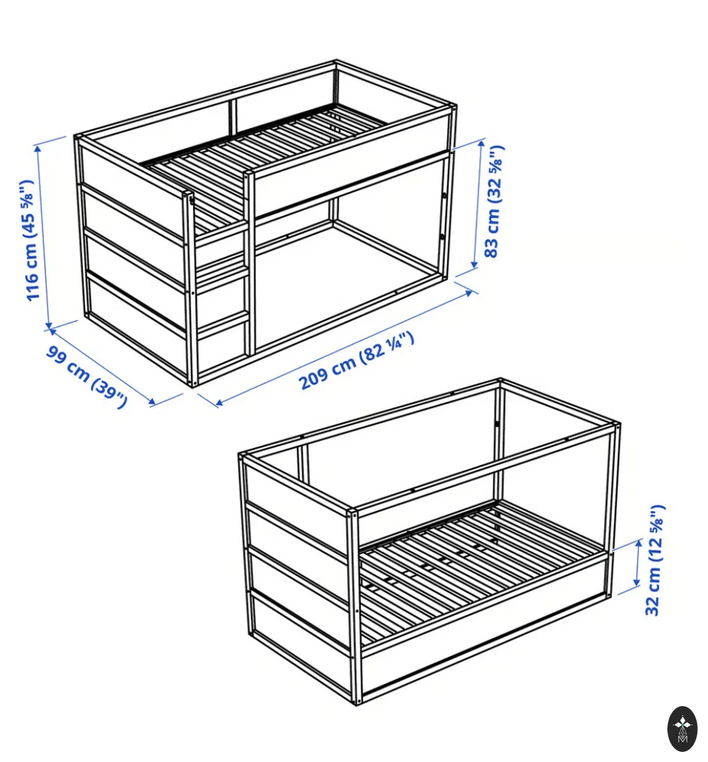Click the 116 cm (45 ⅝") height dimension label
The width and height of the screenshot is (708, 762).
click(28, 240)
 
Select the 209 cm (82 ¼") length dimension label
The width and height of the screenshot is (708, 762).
click(356, 361)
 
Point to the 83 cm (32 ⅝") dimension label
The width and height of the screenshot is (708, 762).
click(494, 201)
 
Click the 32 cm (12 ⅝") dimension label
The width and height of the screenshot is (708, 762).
click(655, 560)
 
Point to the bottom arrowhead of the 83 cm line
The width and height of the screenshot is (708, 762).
click(474, 264)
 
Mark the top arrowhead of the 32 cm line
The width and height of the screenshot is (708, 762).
click(639, 542)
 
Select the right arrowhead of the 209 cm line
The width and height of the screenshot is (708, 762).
click(469, 293)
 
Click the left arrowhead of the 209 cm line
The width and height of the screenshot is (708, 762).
click(219, 402)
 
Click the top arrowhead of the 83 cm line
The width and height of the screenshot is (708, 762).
click(482, 144)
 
